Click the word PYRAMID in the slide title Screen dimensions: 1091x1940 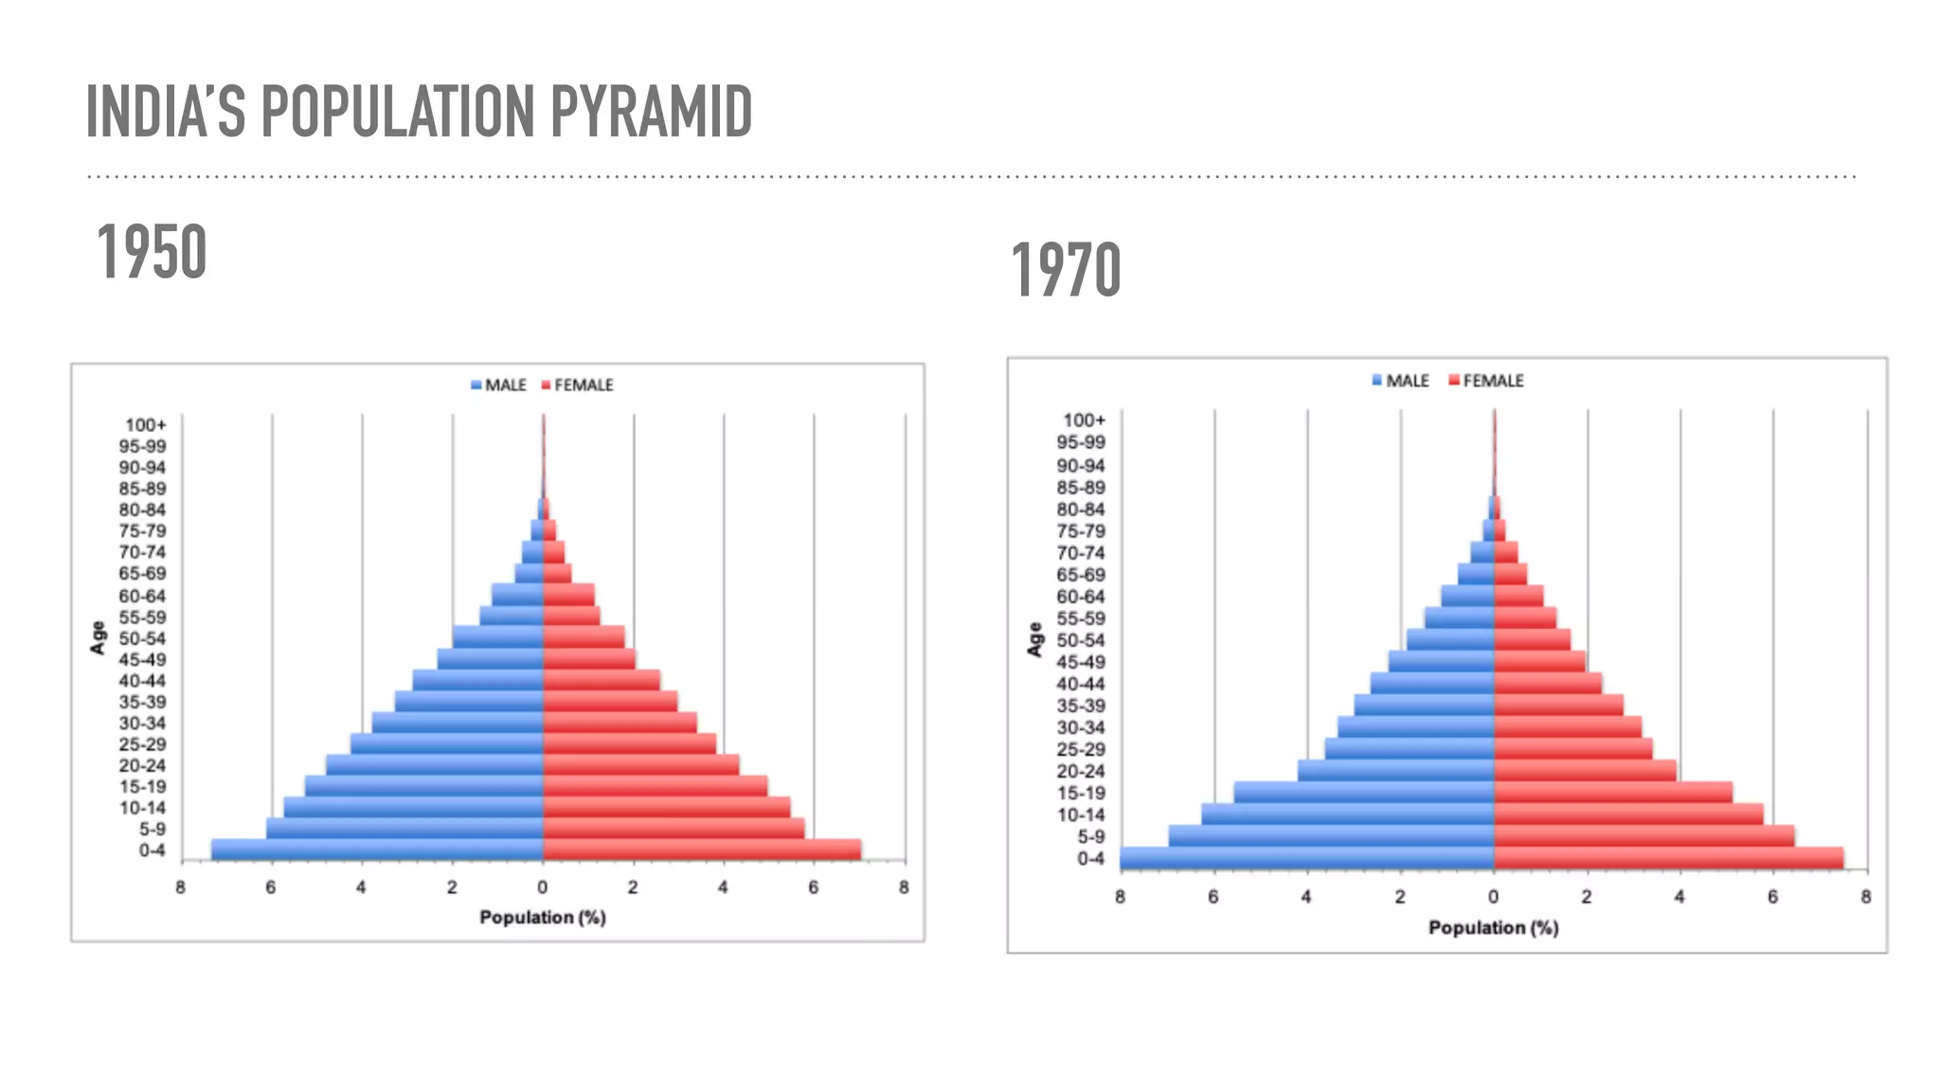pyautogui.click(x=651, y=112)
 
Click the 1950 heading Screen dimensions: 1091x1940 pyautogui.click(x=152, y=252)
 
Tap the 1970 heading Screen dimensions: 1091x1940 pyautogui.click(x=1066, y=271)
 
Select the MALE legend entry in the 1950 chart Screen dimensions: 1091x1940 pyautogui.click(x=498, y=385)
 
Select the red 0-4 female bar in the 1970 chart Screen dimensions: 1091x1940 pyautogui.click(x=1667, y=858)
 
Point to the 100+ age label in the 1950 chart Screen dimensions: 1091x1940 pyautogui.click(x=145, y=425)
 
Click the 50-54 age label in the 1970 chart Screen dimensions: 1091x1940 pyautogui.click(x=1080, y=640)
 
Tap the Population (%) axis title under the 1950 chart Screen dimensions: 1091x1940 pyautogui.click(x=542, y=917)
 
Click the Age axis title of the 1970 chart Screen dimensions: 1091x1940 pyautogui.click(x=1034, y=639)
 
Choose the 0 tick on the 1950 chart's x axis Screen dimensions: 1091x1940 pyautogui.click(x=542, y=887)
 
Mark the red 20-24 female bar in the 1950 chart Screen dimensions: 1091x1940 pyautogui.click(x=640, y=765)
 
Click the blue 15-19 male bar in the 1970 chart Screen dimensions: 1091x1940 pyautogui.click(x=1364, y=793)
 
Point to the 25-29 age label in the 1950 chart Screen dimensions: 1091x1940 pyautogui.click(x=142, y=744)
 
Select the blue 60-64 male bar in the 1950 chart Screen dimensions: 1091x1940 pyautogui.click(x=517, y=596)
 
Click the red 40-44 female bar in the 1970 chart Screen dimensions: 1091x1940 pyautogui.click(x=1547, y=684)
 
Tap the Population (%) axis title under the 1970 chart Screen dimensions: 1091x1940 pyautogui.click(x=1493, y=927)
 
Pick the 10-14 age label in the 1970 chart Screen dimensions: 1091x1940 pyautogui.click(x=1080, y=815)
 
